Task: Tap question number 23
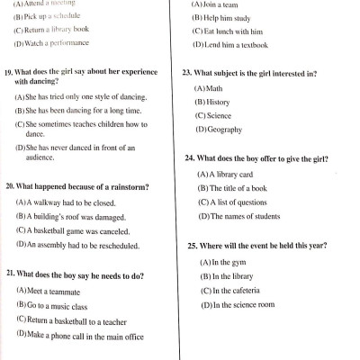click(x=188, y=72)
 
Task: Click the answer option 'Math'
click(x=213, y=87)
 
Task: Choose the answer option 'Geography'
click(x=224, y=130)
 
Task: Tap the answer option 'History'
click(x=217, y=102)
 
